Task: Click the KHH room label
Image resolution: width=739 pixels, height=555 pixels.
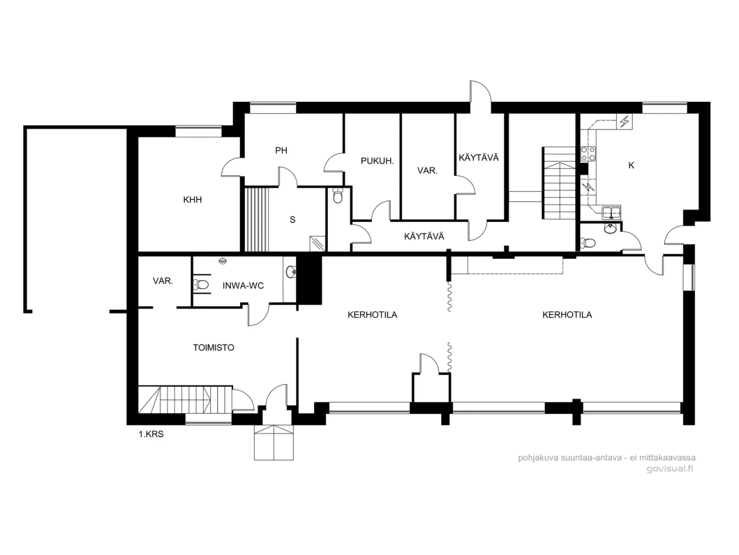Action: [x=192, y=200]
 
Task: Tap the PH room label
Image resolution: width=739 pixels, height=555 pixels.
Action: [x=281, y=151]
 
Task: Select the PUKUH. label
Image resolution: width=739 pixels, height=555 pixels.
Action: [x=377, y=161]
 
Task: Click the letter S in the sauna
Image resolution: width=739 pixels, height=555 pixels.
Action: [x=293, y=220]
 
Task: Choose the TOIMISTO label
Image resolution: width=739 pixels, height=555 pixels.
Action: [x=214, y=348]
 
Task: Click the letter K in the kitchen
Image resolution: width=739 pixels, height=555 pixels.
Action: [x=631, y=165]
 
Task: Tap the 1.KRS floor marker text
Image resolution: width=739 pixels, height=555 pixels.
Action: [x=151, y=434]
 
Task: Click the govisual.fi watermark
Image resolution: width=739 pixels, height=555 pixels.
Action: [x=670, y=469]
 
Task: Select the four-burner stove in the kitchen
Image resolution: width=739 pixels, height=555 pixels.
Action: [x=588, y=154]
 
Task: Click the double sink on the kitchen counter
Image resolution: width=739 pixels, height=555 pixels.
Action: [x=610, y=212]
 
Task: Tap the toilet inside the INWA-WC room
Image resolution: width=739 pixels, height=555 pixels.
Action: [x=200, y=285]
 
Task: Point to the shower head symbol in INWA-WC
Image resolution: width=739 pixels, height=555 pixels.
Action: [x=222, y=261]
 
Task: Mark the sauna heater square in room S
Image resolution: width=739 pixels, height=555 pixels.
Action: [x=317, y=243]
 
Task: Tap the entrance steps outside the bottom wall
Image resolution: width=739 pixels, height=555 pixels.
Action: [x=274, y=442]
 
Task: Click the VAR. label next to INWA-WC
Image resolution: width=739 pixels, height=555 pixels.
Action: [x=163, y=281]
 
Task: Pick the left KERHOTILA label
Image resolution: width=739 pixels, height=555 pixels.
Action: [x=372, y=315]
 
